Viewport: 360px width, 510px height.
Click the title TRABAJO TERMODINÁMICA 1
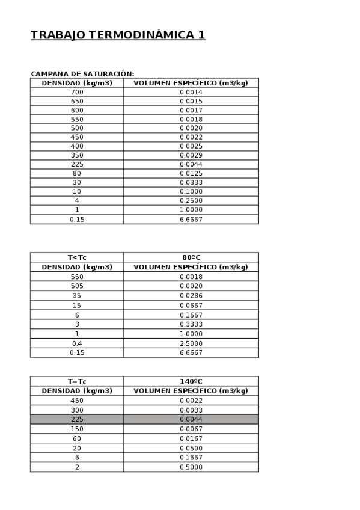point(118,35)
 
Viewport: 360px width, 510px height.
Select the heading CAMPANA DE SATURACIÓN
point(82,74)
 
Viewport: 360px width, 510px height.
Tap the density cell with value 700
point(77,92)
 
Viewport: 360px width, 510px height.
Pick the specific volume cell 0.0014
point(191,92)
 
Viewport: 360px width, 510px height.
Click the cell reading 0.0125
point(191,173)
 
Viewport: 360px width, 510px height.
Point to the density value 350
point(77,155)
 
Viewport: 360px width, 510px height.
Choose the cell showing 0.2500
point(191,200)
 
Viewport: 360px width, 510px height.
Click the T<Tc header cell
point(77,257)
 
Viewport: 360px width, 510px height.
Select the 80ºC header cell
point(191,257)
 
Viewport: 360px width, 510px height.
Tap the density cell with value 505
point(77,286)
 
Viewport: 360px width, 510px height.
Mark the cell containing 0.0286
point(191,296)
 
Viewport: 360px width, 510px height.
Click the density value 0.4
point(77,343)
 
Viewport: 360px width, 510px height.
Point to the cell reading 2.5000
point(191,343)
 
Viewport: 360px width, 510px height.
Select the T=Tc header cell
point(77,381)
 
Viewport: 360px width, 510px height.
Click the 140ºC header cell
point(191,381)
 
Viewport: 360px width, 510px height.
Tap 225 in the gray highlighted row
point(77,419)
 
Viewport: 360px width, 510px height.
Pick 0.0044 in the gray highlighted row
point(191,419)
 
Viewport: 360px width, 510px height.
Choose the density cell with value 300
point(77,410)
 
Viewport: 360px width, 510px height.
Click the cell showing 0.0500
point(191,448)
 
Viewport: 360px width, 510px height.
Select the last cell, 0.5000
point(191,467)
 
